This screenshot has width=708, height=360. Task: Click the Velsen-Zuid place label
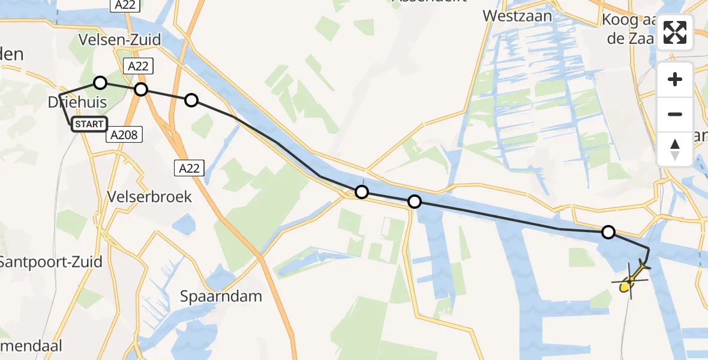(x=120, y=40)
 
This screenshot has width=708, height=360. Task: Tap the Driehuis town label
(x=77, y=103)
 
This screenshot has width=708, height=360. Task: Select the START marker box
(x=89, y=124)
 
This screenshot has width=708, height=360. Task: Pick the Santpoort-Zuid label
(x=50, y=262)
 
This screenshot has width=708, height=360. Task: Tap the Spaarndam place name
(x=221, y=296)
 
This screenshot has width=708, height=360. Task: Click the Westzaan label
(x=517, y=16)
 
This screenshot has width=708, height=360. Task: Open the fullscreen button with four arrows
(x=675, y=32)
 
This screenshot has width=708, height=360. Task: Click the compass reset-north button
(x=675, y=149)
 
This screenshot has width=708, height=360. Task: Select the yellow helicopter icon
(x=629, y=280)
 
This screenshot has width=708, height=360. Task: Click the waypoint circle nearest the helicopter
(x=608, y=232)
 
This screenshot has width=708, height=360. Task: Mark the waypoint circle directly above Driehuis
(x=100, y=83)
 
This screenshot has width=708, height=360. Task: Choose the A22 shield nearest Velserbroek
(x=189, y=169)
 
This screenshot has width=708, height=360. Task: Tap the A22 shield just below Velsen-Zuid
(x=138, y=66)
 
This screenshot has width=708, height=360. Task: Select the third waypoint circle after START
(x=191, y=100)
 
